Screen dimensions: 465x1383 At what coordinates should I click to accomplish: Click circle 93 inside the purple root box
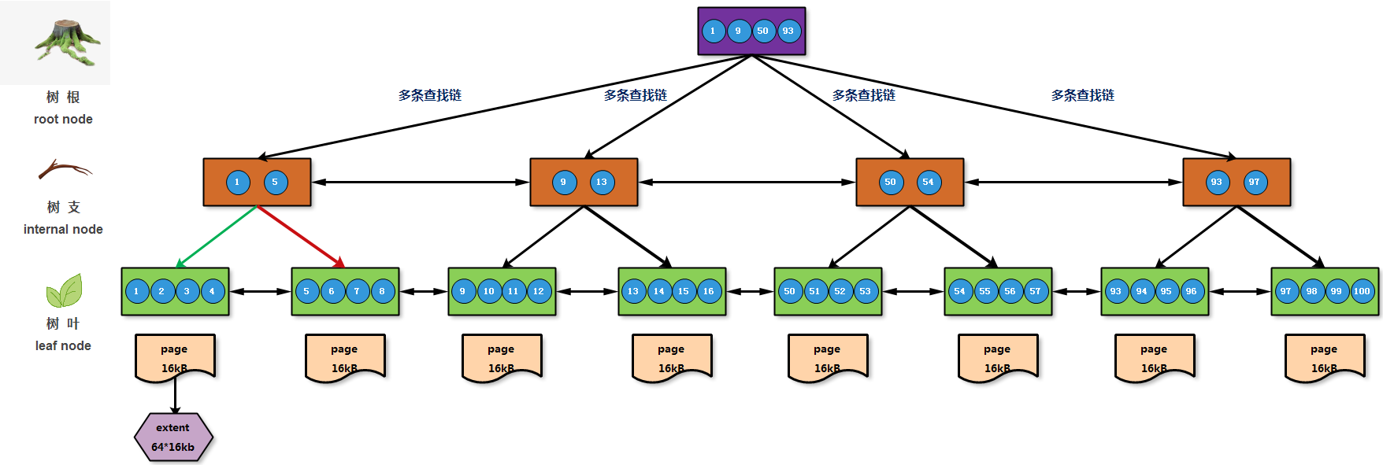click(x=788, y=31)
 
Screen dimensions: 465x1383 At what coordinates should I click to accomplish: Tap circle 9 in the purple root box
click(x=738, y=31)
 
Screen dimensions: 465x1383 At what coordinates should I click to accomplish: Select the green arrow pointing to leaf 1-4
click(x=217, y=237)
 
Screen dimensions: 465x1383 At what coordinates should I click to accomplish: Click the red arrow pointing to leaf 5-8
click(x=301, y=237)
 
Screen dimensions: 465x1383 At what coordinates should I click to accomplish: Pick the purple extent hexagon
click(x=173, y=437)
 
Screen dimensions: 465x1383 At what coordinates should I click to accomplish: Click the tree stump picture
click(x=66, y=42)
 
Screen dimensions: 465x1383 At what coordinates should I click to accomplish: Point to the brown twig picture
click(x=65, y=169)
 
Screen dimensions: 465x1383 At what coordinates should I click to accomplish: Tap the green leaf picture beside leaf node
click(x=64, y=291)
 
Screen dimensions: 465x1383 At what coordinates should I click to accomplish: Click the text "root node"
click(x=63, y=119)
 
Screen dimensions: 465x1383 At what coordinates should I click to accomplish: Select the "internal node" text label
click(x=63, y=229)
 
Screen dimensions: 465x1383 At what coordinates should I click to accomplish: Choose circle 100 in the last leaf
click(x=1362, y=291)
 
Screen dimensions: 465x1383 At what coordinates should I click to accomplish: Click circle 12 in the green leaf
click(x=539, y=291)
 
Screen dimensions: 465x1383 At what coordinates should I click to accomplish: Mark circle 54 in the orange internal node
click(x=928, y=183)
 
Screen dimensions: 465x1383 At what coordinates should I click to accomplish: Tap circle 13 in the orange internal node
click(x=602, y=183)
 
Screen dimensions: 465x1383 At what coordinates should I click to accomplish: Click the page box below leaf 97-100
click(x=1324, y=358)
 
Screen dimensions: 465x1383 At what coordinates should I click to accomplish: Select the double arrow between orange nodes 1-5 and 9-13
click(x=421, y=183)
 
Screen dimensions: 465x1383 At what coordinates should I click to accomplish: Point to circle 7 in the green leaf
click(x=357, y=291)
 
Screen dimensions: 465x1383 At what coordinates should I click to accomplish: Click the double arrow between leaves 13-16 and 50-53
click(x=750, y=291)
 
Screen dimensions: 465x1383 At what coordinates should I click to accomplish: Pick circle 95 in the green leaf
click(x=1166, y=291)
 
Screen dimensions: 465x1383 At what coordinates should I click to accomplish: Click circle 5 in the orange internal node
click(x=275, y=183)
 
